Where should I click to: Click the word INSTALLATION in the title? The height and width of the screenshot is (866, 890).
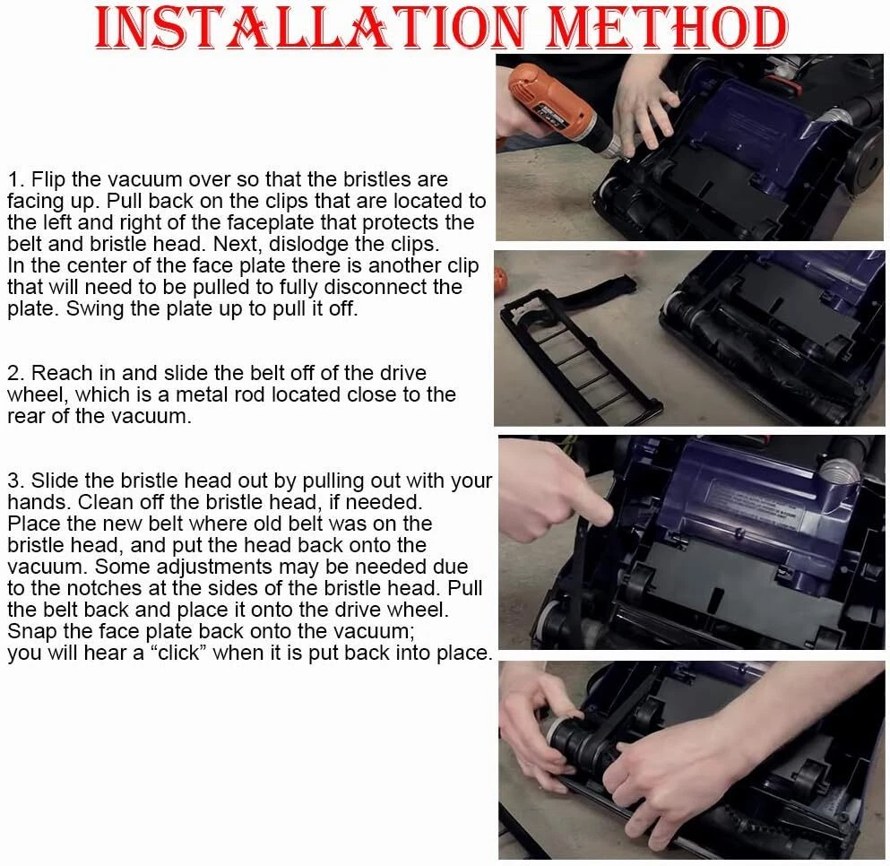point(311,27)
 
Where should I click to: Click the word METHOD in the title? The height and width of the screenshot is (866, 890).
point(666,27)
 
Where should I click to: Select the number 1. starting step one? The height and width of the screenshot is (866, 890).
point(16,180)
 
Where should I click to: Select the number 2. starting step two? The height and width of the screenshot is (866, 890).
point(16,374)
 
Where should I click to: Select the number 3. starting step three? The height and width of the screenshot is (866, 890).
point(16,481)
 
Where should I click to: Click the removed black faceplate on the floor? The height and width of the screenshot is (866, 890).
point(574,346)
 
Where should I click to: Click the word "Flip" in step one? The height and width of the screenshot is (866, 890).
point(48,180)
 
